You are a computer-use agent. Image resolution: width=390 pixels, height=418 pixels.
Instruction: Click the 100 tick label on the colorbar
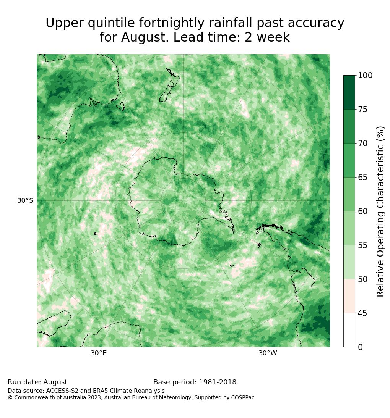pos(365,76)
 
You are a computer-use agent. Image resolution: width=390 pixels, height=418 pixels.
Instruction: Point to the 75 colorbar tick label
pos(362,109)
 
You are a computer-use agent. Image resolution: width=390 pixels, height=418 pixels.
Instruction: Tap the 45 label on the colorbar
pos(362,313)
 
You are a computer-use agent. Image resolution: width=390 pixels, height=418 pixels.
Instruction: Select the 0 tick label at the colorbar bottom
pos(361,347)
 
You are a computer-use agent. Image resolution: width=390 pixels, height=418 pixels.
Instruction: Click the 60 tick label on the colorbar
pos(362,211)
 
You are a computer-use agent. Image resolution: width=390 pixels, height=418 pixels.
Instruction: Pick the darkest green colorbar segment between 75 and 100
pos(349,92)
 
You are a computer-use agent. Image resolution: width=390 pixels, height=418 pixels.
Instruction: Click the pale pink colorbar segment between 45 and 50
pos(349,296)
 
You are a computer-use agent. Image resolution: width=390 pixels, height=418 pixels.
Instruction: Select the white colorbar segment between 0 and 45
pos(349,330)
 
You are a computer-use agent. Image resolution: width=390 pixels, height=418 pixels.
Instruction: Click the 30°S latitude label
pos(25,200)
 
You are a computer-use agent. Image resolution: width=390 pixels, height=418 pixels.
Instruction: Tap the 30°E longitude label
pos(99,353)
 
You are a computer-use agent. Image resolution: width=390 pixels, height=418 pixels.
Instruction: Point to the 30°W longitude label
pos(268,353)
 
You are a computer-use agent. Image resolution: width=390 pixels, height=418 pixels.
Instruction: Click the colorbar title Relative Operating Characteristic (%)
pos(380,211)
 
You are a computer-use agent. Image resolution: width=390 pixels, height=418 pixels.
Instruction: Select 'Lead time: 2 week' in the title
pos(231,37)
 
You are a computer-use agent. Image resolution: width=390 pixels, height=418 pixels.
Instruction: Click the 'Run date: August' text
pos(37,382)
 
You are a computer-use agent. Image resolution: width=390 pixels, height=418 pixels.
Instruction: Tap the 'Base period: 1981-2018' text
pos(195,382)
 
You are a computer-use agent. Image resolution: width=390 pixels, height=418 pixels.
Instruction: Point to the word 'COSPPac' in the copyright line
pos(243,397)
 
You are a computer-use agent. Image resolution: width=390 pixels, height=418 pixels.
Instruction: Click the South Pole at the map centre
pos(184,200)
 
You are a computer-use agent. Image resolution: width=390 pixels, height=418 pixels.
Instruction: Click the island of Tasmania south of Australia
pos(121,106)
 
